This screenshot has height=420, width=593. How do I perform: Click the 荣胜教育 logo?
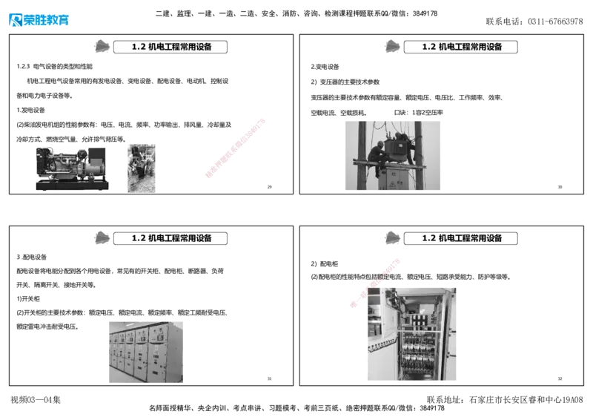tap(39, 20)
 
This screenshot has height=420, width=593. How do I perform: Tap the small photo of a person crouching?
tap(141, 168)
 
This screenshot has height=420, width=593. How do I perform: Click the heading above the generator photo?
tap(170, 47)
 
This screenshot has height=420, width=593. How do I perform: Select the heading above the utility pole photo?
tap(461, 47)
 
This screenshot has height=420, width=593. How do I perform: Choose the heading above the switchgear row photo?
tap(170, 238)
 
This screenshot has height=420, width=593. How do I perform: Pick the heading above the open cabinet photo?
tap(461, 238)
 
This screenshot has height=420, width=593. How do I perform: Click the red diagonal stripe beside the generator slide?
tap(234, 147)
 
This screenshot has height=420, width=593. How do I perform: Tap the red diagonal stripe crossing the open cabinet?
tap(375, 282)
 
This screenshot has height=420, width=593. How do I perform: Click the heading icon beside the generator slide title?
tap(100, 46)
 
